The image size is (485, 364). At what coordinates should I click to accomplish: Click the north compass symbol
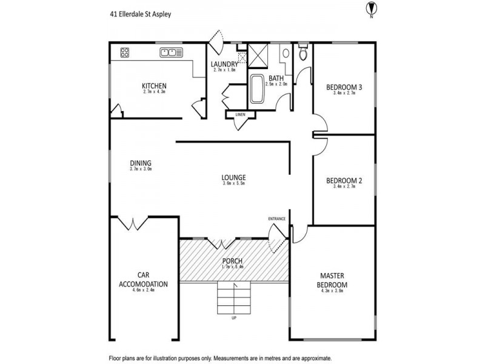pos(371,8)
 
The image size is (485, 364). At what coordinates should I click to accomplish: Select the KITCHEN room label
pos(154,86)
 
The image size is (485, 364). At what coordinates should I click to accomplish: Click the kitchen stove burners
pos(125,52)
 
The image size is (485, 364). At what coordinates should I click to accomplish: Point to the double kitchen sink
pos(172,52)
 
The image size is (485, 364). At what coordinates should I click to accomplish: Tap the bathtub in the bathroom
pos(257,90)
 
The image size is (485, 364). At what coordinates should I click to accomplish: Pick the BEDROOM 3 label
pos(344,87)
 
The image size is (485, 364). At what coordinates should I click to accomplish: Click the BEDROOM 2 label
pos(344,180)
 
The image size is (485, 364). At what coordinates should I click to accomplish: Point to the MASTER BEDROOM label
pos(333,280)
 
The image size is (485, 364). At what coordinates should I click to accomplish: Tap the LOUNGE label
pos(233,178)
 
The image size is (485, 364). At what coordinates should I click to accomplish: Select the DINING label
pos(140,163)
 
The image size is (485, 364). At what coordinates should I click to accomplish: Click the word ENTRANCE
pos(277,218)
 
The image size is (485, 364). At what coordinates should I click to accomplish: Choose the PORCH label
pos(232,261)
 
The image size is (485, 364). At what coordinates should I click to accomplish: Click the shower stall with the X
pos(259,57)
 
